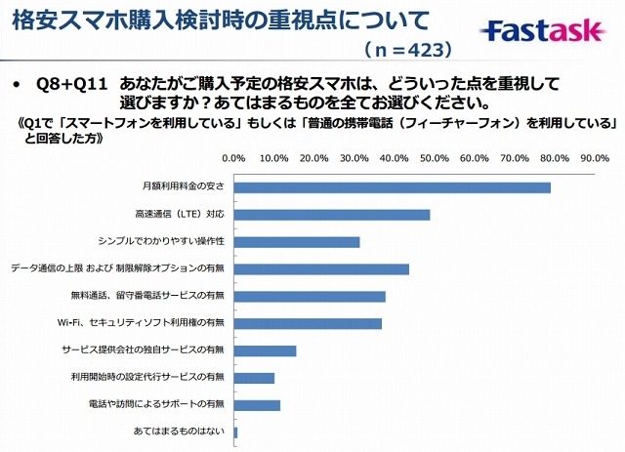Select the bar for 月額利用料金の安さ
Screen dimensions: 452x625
click(393, 186)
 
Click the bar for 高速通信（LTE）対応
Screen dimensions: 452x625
click(332, 214)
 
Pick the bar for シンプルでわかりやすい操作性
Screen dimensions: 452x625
click(297, 241)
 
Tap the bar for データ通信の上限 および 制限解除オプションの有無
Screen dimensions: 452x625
click(321, 268)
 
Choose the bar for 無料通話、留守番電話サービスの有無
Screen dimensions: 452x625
click(310, 296)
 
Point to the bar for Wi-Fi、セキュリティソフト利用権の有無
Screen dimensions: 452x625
click(308, 323)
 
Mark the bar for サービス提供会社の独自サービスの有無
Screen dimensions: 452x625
click(265, 350)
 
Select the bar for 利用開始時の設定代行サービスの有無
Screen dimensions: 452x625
click(254, 378)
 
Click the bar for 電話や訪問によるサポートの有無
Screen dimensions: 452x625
click(257, 405)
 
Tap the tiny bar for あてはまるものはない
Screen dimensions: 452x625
click(236, 431)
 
